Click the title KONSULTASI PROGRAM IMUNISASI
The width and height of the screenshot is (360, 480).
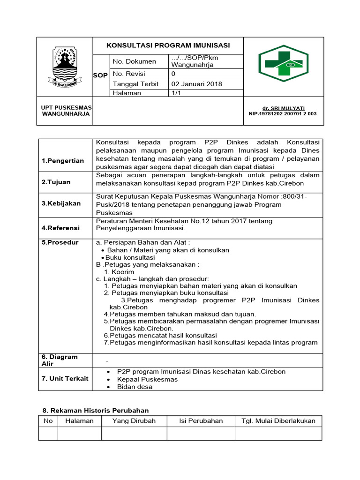click(168, 45)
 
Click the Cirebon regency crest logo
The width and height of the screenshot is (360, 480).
click(65, 67)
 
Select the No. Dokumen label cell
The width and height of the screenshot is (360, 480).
click(135, 61)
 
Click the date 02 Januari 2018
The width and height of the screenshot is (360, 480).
click(196, 84)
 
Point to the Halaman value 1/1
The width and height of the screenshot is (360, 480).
click(176, 93)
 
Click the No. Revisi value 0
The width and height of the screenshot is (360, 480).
click(173, 74)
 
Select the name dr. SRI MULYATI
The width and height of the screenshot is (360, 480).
click(283, 108)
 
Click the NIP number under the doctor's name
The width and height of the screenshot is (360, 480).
click(283, 113)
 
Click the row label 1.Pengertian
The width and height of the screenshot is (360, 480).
click(63, 161)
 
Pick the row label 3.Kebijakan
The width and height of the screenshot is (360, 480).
click(61, 203)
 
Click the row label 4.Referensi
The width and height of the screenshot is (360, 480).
click(60, 228)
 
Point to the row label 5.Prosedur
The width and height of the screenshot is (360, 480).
click(60, 242)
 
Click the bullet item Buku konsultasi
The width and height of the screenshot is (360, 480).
click(130, 257)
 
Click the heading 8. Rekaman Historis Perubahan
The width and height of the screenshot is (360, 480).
click(95, 410)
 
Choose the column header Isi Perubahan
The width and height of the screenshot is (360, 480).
click(201, 420)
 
